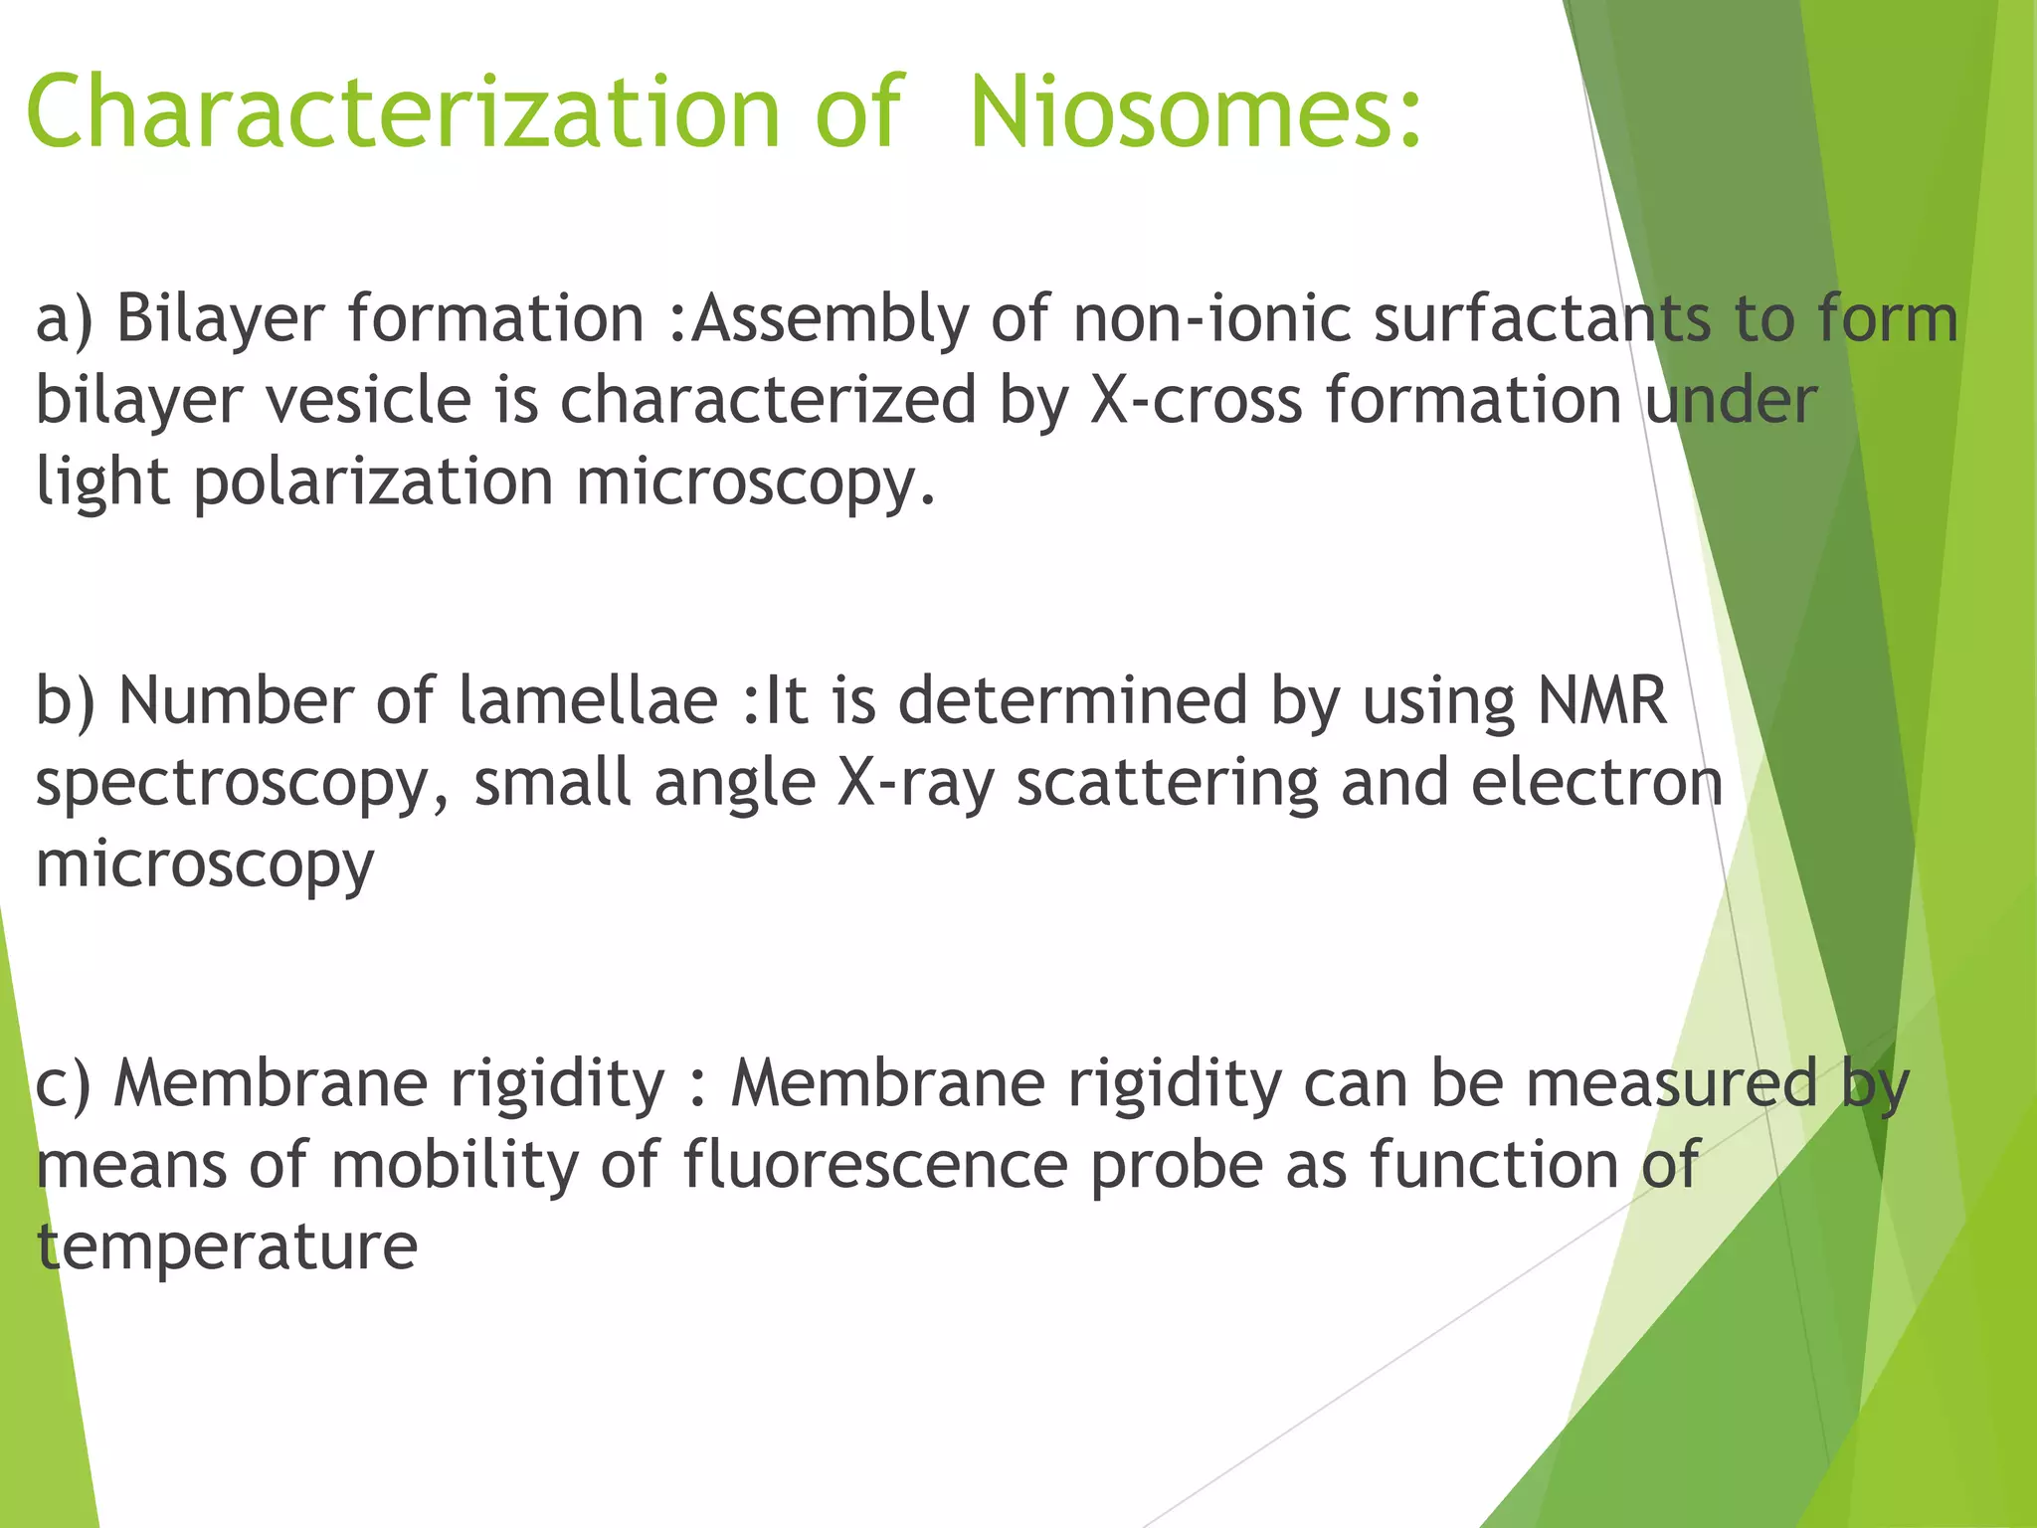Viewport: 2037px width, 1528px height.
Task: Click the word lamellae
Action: pyautogui.click(x=587, y=701)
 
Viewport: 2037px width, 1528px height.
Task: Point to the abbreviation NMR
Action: pyautogui.click(x=1601, y=701)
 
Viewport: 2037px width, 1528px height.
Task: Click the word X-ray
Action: pyautogui.click(x=915, y=784)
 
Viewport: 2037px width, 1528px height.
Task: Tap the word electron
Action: pyautogui.click(x=1596, y=784)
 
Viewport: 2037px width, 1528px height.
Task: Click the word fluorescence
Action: pyautogui.click(x=875, y=1165)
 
